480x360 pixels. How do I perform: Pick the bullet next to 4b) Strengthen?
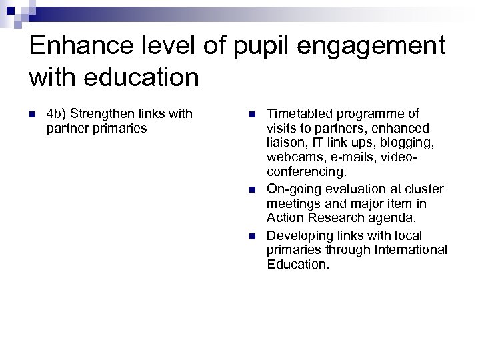[x=32, y=115]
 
